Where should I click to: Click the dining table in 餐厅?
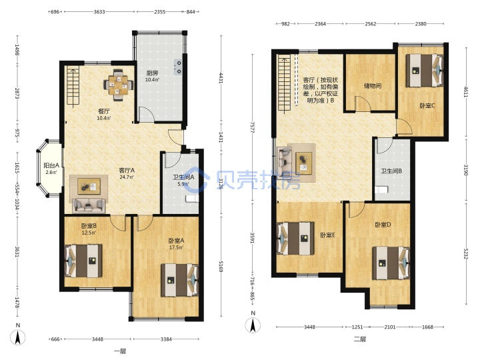coord(119,85)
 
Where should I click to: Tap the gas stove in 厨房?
coord(178,67)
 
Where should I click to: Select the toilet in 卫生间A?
coord(192,199)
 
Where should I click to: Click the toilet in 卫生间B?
coord(381,189)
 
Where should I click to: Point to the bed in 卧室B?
coord(83,261)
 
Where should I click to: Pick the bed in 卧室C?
coord(424,71)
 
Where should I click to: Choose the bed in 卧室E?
coord(296,239)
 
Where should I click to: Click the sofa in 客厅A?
coord(89,205)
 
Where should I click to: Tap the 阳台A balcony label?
coord(51,165)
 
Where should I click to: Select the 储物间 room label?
coord(373,86)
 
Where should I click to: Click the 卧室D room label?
coord(383,225)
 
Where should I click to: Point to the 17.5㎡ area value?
coord(176,247)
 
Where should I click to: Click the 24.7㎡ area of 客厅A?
coord(127,177)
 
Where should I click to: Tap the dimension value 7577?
coord(252,127)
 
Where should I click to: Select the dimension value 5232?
coord(465,253)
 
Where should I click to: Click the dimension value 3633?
coord(99,12)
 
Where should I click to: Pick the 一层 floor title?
coord(120,351)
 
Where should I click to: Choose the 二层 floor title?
coord(360,339)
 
